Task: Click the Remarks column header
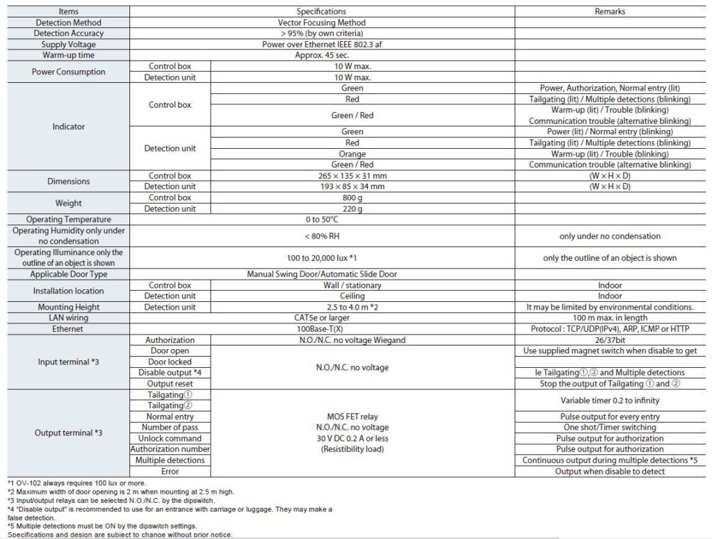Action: (610, 11)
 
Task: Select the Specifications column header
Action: (321, 11)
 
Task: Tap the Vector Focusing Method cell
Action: (321, 22)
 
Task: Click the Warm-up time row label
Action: (68, 55)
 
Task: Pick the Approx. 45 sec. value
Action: (321, 55)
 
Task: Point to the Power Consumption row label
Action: (68, 72)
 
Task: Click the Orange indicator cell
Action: (352, 154)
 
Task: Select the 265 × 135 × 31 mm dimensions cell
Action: (352, 176)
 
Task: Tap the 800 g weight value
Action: (352, 198)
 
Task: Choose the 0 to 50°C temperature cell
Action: (321, 220)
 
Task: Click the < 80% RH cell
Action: (321, 236)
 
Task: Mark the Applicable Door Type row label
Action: (68, 274)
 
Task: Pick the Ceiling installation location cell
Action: (352, 296)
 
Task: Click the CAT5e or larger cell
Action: (321, 318)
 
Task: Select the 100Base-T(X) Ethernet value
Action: (321, 329)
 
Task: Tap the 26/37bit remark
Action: (610, 340)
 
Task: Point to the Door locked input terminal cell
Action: (170, 362)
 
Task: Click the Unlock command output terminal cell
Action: (170, 438)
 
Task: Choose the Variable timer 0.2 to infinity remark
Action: (610, 401)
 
